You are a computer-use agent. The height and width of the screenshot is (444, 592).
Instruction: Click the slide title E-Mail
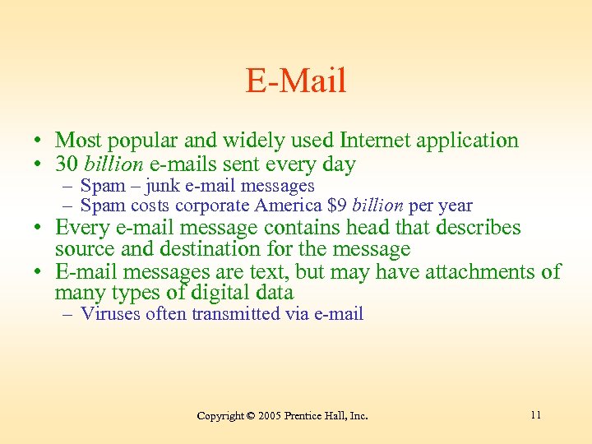296,81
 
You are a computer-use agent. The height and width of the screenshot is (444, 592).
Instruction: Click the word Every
81,227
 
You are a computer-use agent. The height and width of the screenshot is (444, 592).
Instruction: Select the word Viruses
111,313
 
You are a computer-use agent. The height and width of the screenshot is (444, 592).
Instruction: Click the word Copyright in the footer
220,416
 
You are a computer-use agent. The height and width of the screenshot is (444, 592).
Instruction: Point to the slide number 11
535,414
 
